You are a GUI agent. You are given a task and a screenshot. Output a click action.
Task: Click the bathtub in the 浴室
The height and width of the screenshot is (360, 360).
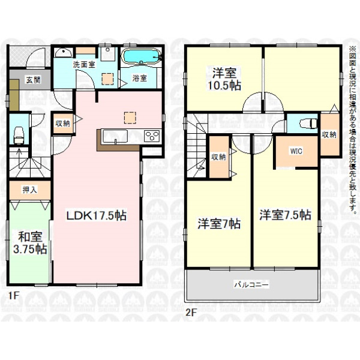pyautogui.click(x=141, y=56)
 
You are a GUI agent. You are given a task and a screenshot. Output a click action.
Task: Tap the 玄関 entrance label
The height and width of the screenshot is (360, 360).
pyautogui.click(x=33, y=80)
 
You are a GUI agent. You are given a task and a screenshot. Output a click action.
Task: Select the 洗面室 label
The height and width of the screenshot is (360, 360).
pyautogui.click(x=84, y=65)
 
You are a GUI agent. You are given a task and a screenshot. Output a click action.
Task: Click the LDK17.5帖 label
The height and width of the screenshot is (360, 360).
pyautogui.click(x=97, y=216)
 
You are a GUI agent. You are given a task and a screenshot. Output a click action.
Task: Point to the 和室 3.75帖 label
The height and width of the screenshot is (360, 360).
pyautogui.click(x=31, y=243)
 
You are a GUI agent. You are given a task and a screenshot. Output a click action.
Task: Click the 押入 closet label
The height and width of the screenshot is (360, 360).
pyautogui.click(x=30, y=190)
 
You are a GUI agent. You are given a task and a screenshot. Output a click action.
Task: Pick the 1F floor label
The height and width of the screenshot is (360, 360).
pyautogui.click(x=13, y=295)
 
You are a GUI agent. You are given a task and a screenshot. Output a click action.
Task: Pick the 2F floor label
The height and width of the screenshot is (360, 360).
pyautogui.click(x=190, y=313)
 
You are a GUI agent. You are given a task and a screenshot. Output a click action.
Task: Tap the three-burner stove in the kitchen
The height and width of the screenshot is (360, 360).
pyautogui.click(x=152, y=136)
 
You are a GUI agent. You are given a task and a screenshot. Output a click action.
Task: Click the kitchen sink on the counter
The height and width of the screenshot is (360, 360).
pyautogui.click(x=115, y=136)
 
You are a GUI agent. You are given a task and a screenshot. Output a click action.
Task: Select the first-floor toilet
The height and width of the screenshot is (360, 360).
pyautogui.click(x=19, y=136)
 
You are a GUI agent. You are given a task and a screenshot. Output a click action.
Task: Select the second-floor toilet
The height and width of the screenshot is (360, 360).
pyautogui.click(x=308, y=124)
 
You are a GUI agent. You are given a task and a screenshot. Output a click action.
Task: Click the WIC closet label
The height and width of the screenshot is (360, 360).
pyautogui.click(x=296, y=151)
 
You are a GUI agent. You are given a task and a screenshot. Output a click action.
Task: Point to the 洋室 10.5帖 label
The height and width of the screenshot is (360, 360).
pyautogui.click(x=224, y=79)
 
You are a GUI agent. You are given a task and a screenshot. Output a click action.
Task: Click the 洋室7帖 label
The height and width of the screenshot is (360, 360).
pyautogui.click(x=219, y=224)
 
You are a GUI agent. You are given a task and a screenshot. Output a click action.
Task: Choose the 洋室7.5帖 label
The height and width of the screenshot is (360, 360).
pyautogui.click(x=285, y=214)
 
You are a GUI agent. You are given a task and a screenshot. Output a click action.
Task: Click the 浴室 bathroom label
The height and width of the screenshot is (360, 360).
pyautogui.click(x=139, y=78)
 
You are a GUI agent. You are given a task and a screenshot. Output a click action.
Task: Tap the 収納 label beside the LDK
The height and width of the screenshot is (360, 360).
pyautogui.click(x=62, y=123)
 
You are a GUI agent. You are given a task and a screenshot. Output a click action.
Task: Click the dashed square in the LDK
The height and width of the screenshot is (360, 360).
pyautogui.click(x=130, y=118)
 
